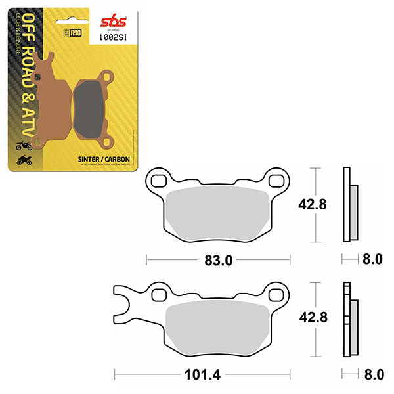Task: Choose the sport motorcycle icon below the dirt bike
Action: click(20, 159)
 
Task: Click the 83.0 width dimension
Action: click(219, 260)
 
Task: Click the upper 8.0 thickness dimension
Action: click(372, 260)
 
